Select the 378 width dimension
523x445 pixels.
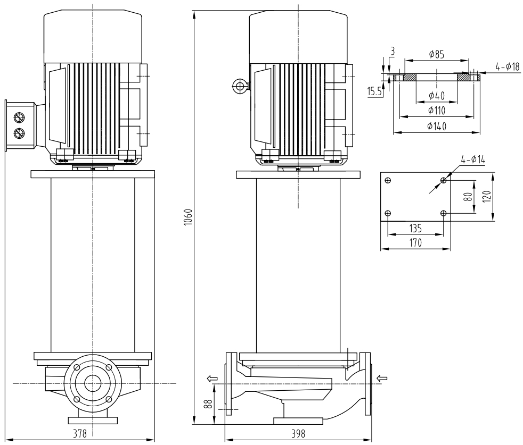coord(79,433)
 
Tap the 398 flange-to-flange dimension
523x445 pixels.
coord(298,433)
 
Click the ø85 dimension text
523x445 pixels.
coord(436,54)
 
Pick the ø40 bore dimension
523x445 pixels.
coord(436,96)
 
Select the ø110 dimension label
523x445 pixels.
coord(436,111)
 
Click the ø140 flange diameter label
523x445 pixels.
coord(436,126)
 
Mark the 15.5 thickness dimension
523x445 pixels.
coord(374,91)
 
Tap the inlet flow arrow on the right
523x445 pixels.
coord(381,378)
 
